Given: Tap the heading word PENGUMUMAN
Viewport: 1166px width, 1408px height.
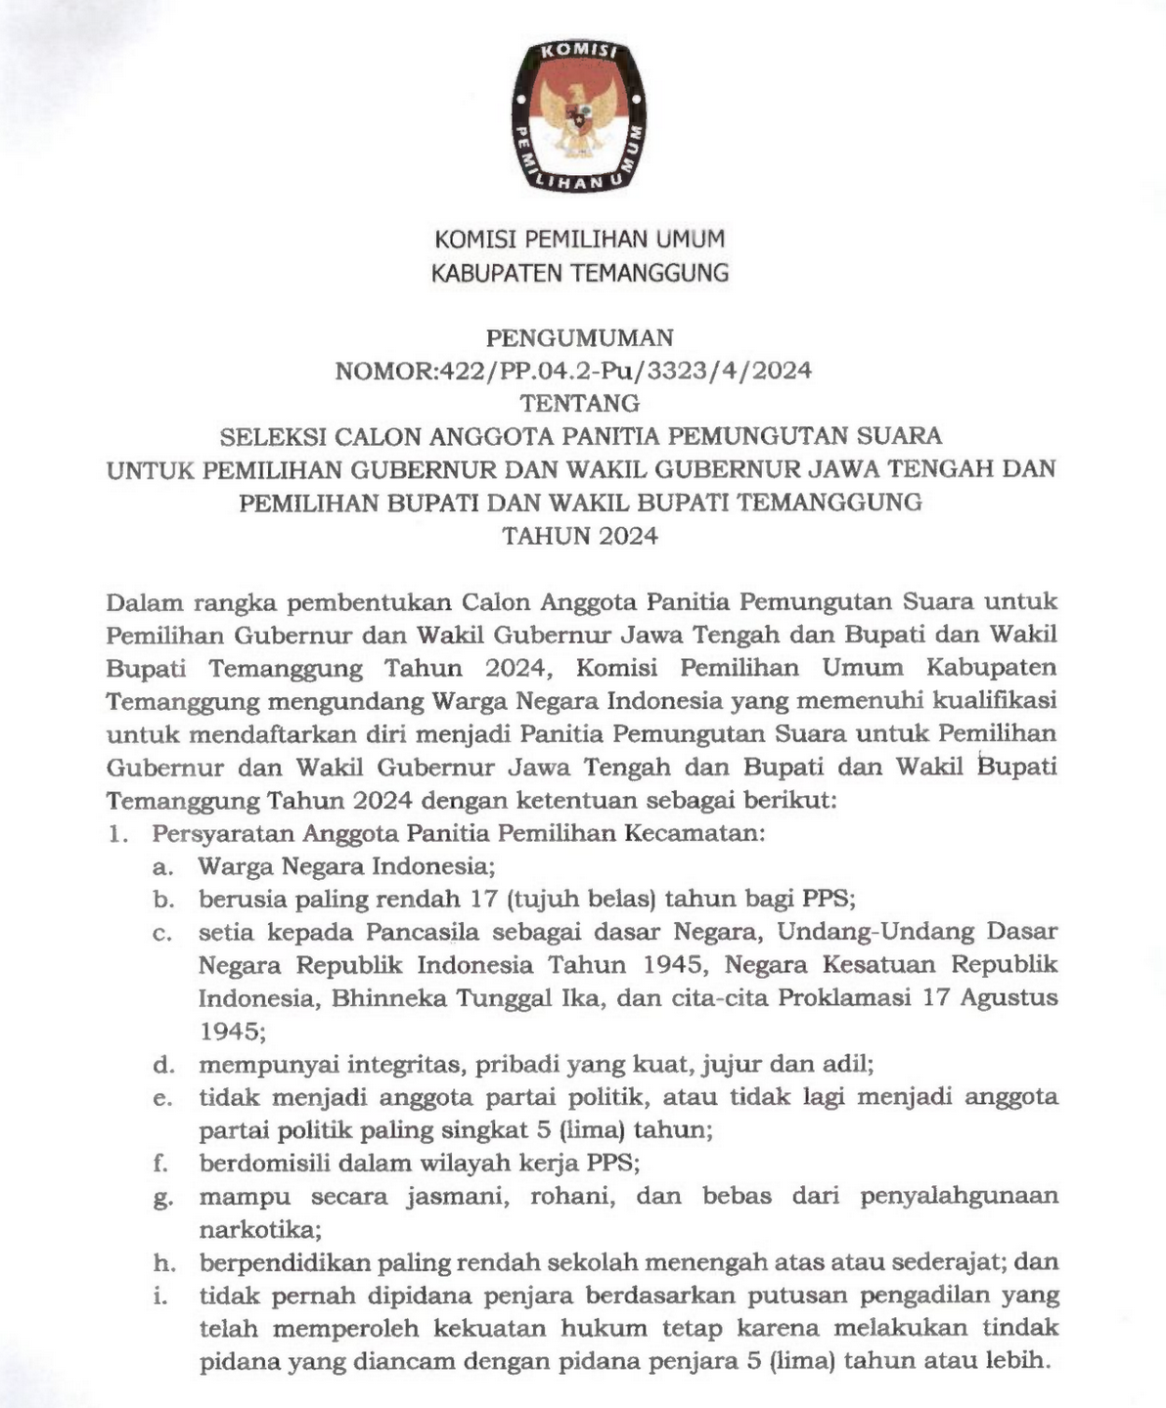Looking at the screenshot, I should click(x=580, y=338).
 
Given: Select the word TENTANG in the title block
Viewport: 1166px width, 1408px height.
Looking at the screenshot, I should click(x=580, y=403).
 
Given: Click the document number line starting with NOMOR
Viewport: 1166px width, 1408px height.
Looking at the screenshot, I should click(x=573, y=371).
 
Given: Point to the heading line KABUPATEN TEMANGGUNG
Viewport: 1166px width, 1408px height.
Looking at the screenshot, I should click(x=580, y=273).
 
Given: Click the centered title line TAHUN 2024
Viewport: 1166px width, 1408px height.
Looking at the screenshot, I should click(x=580, y=536).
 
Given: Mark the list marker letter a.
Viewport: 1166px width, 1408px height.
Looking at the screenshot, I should click(x=161, y=867).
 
